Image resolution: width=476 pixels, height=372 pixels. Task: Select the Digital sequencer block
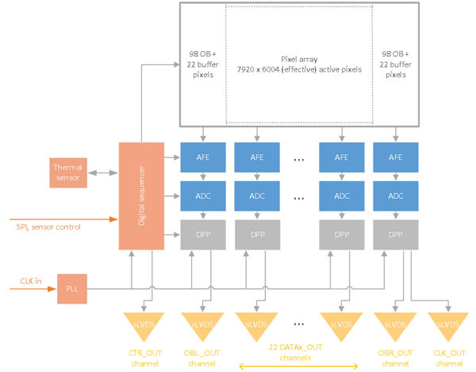pos(140,195)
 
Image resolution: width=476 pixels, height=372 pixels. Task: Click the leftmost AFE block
pos(202,157)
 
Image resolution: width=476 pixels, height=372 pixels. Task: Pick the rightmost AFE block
pos(394,157)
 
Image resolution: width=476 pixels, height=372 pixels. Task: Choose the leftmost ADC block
pos(202,196)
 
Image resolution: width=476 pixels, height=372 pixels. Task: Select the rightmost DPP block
pos(394,234)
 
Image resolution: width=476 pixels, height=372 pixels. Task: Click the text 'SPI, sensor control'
pos(50,227)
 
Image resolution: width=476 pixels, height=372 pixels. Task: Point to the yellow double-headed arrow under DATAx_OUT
pos(297,366)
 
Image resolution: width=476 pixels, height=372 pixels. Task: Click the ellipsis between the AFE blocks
pos(298,159)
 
